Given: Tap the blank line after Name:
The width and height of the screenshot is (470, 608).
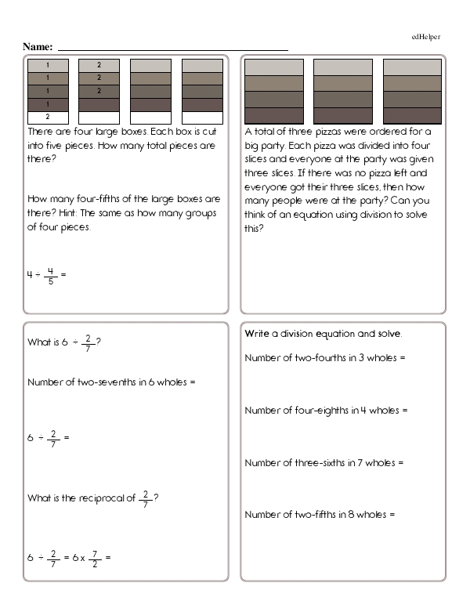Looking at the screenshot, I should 172,49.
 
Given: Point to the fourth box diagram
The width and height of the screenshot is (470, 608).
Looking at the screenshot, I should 201,92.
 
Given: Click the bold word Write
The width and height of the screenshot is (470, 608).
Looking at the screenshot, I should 256,334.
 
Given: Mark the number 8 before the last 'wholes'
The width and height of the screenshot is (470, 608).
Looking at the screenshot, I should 351,515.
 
